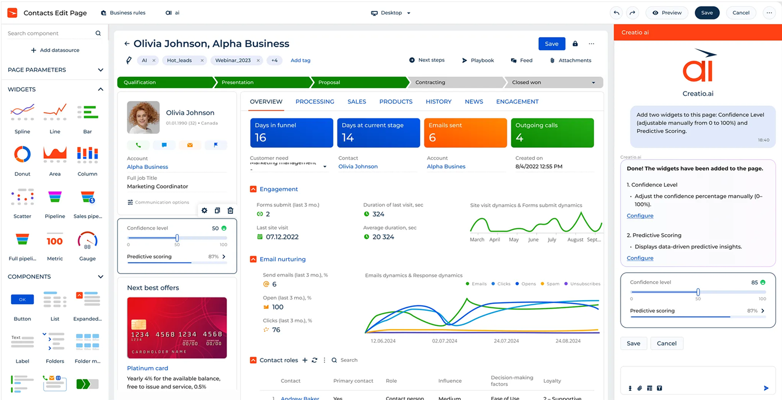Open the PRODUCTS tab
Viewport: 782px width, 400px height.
(x=396, y=102)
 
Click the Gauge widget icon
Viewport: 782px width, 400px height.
(x=87, y=241)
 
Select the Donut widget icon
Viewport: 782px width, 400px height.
(x=22, y=154)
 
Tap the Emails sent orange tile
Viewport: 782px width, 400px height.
(x=465, y=133)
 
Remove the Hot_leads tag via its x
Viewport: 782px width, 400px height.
(x=202, y=61)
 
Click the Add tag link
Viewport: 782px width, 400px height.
(x=300, y=61)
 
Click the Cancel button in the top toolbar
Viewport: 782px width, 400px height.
(x=741, y=13)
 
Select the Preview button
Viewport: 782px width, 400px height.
(x=667, y=13)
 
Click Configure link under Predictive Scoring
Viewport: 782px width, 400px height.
(x=640, y=258)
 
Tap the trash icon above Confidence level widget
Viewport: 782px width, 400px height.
(x=230, y=210)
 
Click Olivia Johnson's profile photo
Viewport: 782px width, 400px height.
(x=143, y=117)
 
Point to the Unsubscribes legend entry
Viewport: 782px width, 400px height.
(x=582, y=284)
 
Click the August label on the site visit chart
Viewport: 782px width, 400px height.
(x=575, y=240)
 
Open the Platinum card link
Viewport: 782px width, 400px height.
(x=147, y=368)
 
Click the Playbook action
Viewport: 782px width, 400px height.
(x=477, y=61)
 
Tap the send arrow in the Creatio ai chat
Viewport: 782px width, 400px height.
(x=766, y=388)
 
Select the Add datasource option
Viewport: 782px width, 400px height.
(x=55, y=50)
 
